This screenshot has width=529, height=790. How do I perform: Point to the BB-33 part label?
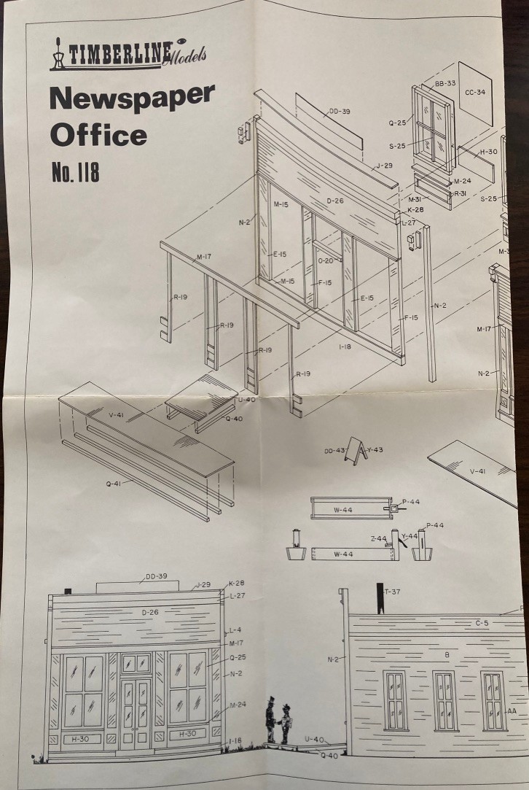[x=445, y=84]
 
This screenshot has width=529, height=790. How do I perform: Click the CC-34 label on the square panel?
[x=475, y=93]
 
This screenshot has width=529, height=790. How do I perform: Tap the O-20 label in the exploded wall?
[x=326, y=261]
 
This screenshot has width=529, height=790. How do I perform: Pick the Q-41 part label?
[x=111, y=483]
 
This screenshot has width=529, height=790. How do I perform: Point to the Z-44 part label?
[x=377, y=538]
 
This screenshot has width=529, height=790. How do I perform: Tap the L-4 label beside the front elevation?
[x=235, y=630]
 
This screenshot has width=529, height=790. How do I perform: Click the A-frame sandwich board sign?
[x=356, y=450]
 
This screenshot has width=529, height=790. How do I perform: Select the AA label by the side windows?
[x=513, y=710]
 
